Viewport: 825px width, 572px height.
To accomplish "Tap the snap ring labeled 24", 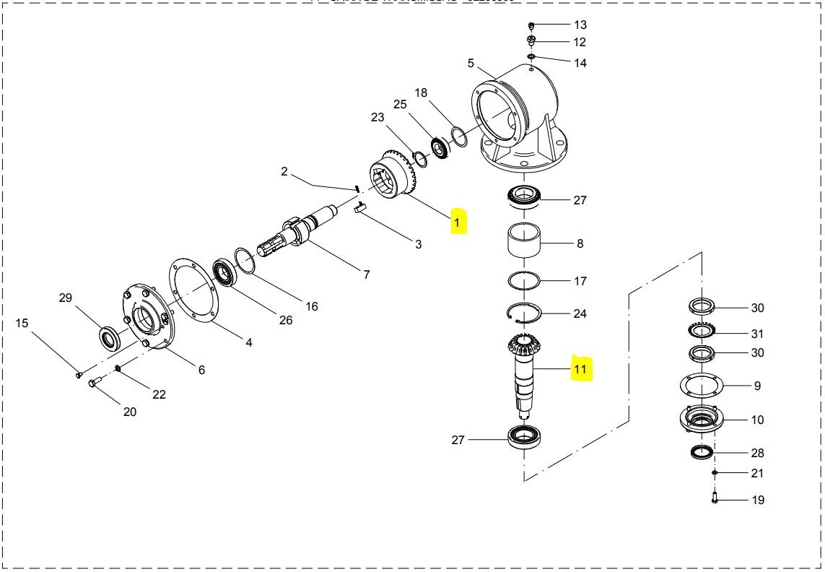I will coord(525,312).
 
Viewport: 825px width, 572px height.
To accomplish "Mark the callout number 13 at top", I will coord(580,25).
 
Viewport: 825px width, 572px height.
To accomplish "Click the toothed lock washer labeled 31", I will coord(702,332).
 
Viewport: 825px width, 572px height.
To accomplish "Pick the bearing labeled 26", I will coord(227,272).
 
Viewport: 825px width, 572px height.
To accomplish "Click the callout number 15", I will coord(22,323).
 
